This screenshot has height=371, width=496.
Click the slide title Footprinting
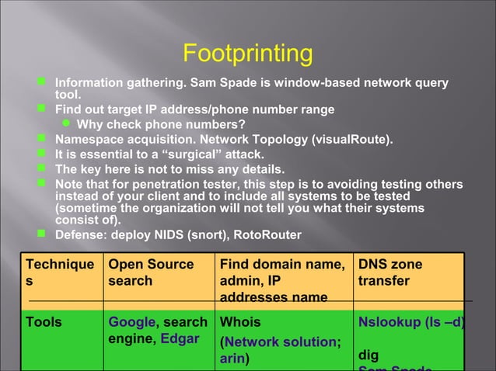click(x=247, y=54)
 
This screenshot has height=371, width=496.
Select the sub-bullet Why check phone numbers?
click(x=161, y=124)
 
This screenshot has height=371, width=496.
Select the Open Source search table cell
click(x=151, y=272)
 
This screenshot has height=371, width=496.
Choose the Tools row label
click(x=44, y=322)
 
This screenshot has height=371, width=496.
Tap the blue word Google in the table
click(x=131, y=322)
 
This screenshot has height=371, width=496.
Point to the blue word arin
click(x=232, y=358)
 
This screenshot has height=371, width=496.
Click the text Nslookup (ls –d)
click(x=411, y=322)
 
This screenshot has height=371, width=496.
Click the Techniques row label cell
click(x=61, y=272)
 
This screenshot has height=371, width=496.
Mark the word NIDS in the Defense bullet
click(x=175, y=234)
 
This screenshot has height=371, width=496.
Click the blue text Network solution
click(x=281, y=342)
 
